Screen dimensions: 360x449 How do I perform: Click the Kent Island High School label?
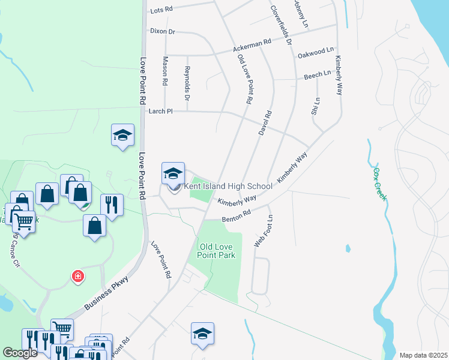[x=228, y=186]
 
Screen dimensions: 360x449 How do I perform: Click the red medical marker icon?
[x=78, y=277]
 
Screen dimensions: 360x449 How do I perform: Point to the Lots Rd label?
[x=161, y=10]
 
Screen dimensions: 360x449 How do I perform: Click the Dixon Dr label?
[x=162, y=31]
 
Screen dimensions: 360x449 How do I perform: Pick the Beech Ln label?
[x=318, y=74]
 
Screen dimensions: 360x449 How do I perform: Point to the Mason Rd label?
[x=165, y=70]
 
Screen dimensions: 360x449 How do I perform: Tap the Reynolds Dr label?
[x=187, y=83]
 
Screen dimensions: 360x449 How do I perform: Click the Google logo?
[x=20, y=352]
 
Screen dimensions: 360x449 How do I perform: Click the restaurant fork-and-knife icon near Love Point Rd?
[x=111, y=205]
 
